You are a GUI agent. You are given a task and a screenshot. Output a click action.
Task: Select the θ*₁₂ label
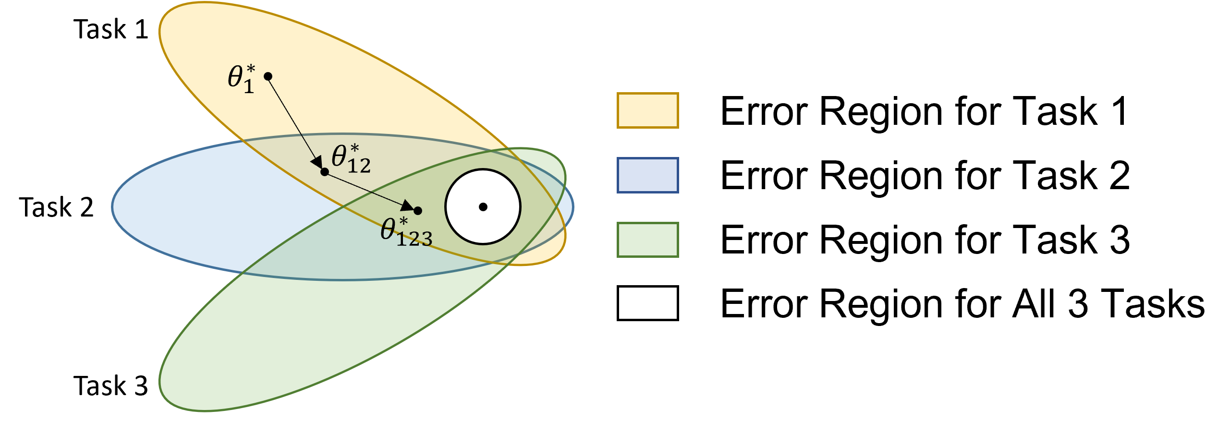click(351, 158)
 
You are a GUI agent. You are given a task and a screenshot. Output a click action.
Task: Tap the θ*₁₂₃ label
click(406, 232)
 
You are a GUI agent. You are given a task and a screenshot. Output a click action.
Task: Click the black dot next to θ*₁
click(268, 76)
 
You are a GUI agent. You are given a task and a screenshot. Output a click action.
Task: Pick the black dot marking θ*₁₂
click(325, 172)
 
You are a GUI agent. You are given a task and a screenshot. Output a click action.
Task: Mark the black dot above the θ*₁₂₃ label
click(418, 211)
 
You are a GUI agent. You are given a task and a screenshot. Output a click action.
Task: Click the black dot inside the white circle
click(483, 207)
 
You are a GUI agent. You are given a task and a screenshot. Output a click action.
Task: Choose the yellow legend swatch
click(647, 110)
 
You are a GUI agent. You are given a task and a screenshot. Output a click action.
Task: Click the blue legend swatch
click(647, 175)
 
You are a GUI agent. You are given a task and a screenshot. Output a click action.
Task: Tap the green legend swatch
click(647, 240)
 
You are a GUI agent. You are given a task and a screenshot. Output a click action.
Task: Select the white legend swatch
click(647, 303)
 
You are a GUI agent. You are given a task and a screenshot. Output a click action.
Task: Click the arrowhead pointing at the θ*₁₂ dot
click(317, 162)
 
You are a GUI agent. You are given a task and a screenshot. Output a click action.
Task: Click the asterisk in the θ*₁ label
click(250, 70)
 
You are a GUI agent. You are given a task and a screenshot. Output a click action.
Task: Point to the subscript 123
click(414, 239)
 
